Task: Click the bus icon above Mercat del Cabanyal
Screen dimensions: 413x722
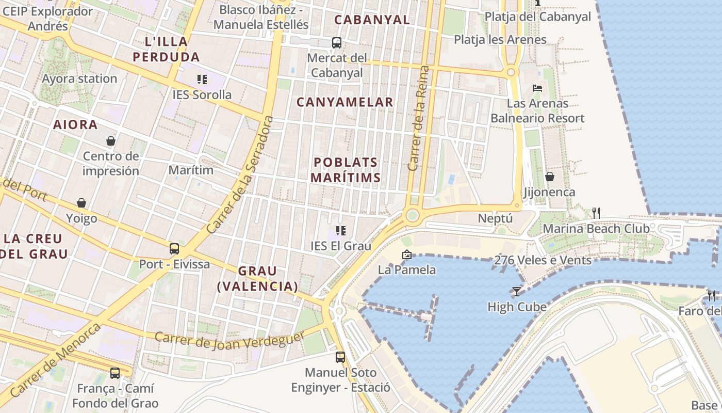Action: [x=337, y=43]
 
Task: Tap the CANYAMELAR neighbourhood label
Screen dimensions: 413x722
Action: [x=344, y=102]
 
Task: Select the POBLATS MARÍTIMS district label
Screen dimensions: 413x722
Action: [x=346, y=170]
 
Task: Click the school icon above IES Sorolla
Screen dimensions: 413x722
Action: [x=202, y=80]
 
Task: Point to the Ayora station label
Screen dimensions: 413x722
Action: [x=79, y=79]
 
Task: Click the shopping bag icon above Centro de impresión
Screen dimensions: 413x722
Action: [x=110, y=140]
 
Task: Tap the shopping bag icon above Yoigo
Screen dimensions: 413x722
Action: [x=81, y=203]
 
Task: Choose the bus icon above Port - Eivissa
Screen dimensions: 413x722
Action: [x=174, y=248]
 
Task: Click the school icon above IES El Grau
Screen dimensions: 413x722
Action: [x=340, y=230]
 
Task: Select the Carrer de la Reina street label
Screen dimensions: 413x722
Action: [x=418, y=118]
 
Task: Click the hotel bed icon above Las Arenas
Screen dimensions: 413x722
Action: [x=537, y=88]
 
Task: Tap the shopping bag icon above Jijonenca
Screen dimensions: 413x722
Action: [x=550, y=177]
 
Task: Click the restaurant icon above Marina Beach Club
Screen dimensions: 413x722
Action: [x=596, y=213]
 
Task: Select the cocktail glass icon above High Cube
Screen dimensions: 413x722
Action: [x=516, y=291]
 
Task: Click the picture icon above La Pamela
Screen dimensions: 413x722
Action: [x=406, y=255]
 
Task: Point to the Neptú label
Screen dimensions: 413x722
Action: [x=495, y=218]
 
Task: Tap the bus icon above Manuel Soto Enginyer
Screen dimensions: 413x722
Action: [x=340, y=357]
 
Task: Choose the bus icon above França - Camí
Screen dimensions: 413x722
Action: [x=115, y=373]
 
